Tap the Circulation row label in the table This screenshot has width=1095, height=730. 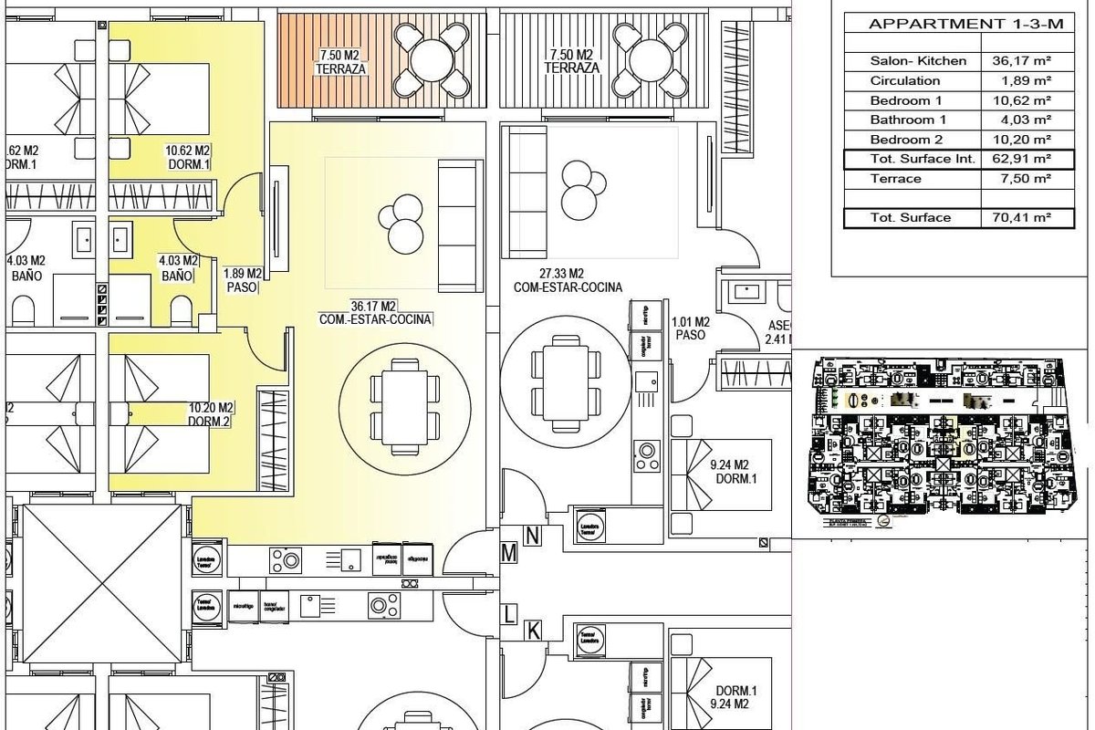[x=904, y=81]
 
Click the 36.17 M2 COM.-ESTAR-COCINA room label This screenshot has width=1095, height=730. [x=375, y=313]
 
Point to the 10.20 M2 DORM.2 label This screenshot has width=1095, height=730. [x=212, y=414]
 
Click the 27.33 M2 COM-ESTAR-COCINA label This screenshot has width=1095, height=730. [x=568, y=280]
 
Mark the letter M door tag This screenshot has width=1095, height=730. [x=509, y=553]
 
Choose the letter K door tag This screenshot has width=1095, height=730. [x=533, y=630]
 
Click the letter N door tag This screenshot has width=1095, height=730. [x=533, y=537]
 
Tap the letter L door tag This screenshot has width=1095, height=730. [x=509, y=615]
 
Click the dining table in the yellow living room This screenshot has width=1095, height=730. [x=405, y=405]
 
